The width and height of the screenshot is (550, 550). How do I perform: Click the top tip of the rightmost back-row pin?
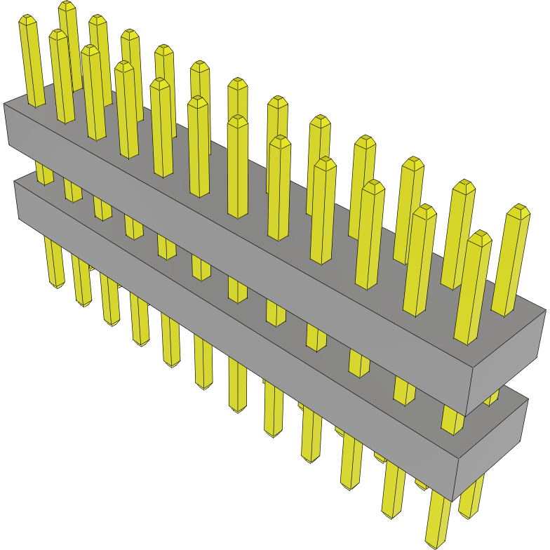(x=518, y=210)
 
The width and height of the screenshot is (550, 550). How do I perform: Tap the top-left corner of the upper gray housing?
(x=5, y=105)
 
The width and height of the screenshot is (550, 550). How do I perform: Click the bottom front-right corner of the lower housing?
(x=456, y=498)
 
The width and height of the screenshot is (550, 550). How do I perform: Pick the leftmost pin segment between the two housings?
(x=44, y=172)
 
